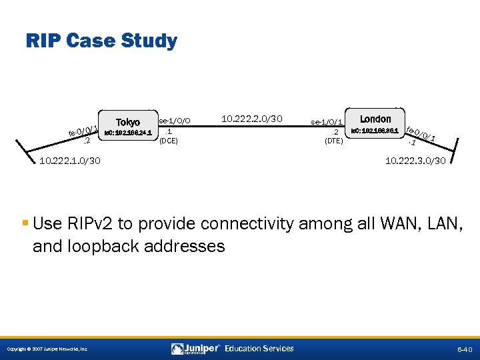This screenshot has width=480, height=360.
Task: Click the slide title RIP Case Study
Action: click(x=101, y=41)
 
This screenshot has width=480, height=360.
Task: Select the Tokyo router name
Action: click(x=128, y=122)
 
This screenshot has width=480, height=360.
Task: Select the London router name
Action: click(x=375, y=119)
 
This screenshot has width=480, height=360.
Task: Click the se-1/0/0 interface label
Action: click(x=175, y=121)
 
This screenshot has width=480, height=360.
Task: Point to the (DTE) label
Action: click(x=333, y=141)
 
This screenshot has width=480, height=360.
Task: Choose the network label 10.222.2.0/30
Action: click(x=252, y=119)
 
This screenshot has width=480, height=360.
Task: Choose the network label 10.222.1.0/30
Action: click(x=70, y=160)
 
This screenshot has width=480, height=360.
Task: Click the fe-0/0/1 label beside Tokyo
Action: click(x=83, y=131)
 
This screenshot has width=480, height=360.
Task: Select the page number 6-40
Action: click(x=464, y=349)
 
